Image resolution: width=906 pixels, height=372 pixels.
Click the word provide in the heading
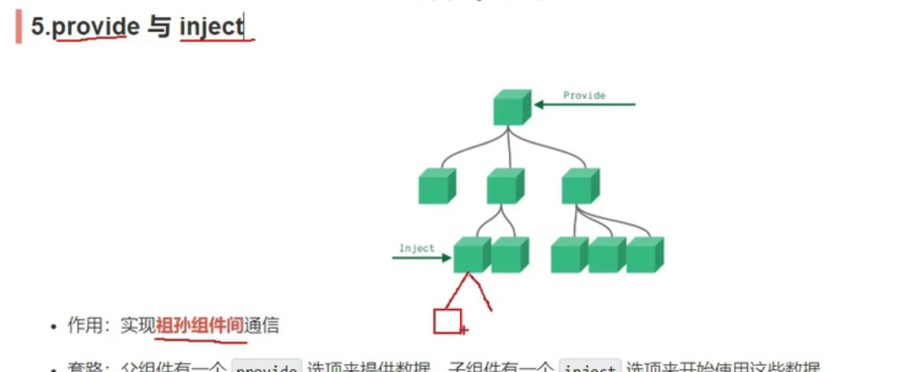pyautogui.click(x=96, y=26)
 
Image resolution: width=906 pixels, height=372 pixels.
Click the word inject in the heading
pyautogui.click(x=212, y=26)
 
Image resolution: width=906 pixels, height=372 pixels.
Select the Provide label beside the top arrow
pyautogui.click(x=584, y=95)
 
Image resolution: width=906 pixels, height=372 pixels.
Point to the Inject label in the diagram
pyautogui.click(x=417, y=248)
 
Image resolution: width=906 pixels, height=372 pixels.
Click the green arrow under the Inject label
pyautogui.click(x=422, y=258)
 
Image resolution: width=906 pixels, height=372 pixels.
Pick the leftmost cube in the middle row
pyautogui.click(x=436, y=186)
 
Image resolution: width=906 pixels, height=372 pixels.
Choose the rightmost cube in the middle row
pyautogui.click(x=580, y=186)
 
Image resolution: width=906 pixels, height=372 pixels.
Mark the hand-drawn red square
pyautogui.click(x=448, y=321)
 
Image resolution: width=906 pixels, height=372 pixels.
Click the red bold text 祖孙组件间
pyautogui.click(x=199, y=325)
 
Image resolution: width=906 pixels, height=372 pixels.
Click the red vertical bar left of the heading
pyautogui.click(x=18, y=26)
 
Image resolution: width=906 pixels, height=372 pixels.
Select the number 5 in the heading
pyautogui.click(x=38, y=26)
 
